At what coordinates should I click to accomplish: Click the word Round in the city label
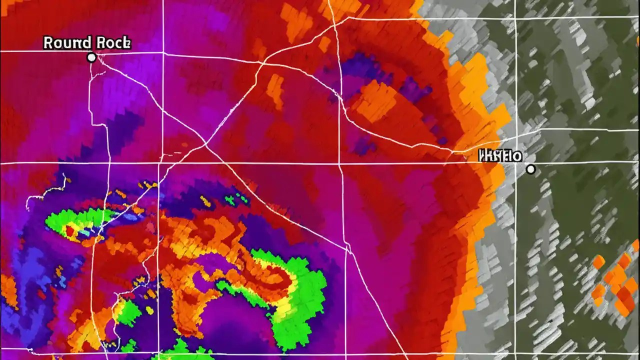pos(64,43)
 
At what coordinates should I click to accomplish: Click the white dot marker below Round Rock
pos(91,57)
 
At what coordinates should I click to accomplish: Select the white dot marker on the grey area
pos(530,169)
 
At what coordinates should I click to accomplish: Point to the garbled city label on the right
pos(500,156)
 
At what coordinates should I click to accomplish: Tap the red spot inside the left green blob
pos(70,230)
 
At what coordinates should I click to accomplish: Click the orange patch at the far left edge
pos(7,290)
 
